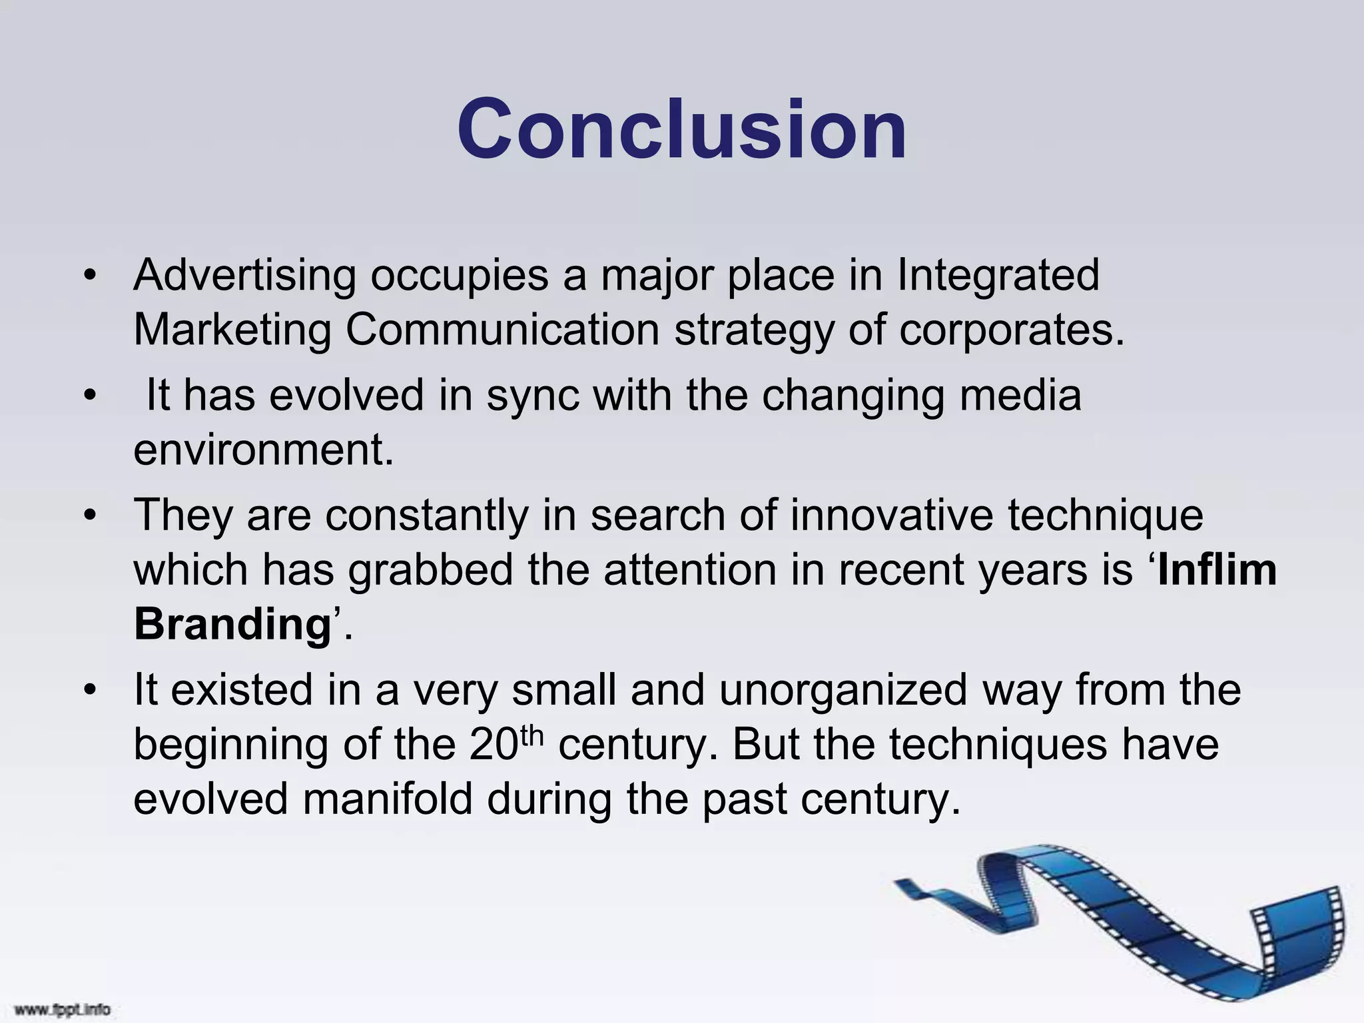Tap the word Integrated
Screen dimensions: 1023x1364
click(x=998, y=275)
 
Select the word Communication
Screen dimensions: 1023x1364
click(x=502, y=330)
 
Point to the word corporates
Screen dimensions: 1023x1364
click(x=1011, y=330)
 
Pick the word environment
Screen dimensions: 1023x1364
click(x=264, y=450)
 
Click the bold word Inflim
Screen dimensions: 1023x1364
click(x=1217, y=570)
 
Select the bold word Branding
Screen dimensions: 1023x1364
click(x=232, y=625)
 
